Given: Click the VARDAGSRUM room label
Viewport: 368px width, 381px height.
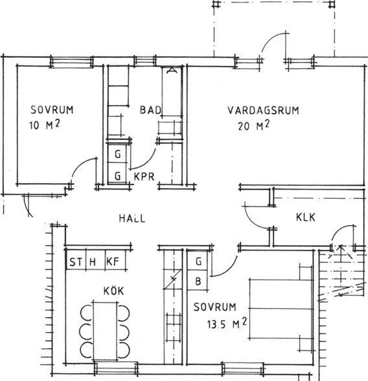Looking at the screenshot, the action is (263, 110).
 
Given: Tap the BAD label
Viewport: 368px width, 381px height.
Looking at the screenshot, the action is (150, 110).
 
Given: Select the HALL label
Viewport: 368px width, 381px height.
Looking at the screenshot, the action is (132, 218).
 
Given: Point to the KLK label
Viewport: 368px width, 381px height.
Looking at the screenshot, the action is (306, 217).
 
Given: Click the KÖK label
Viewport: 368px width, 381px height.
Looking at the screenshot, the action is (113, 290).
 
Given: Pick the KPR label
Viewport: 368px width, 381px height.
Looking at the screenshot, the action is (144, 177).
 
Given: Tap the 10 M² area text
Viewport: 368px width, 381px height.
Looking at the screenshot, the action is (45, 125).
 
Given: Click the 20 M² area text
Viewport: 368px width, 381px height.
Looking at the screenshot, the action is (254, 125).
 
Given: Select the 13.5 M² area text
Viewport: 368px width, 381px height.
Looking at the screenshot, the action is (227, 324).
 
